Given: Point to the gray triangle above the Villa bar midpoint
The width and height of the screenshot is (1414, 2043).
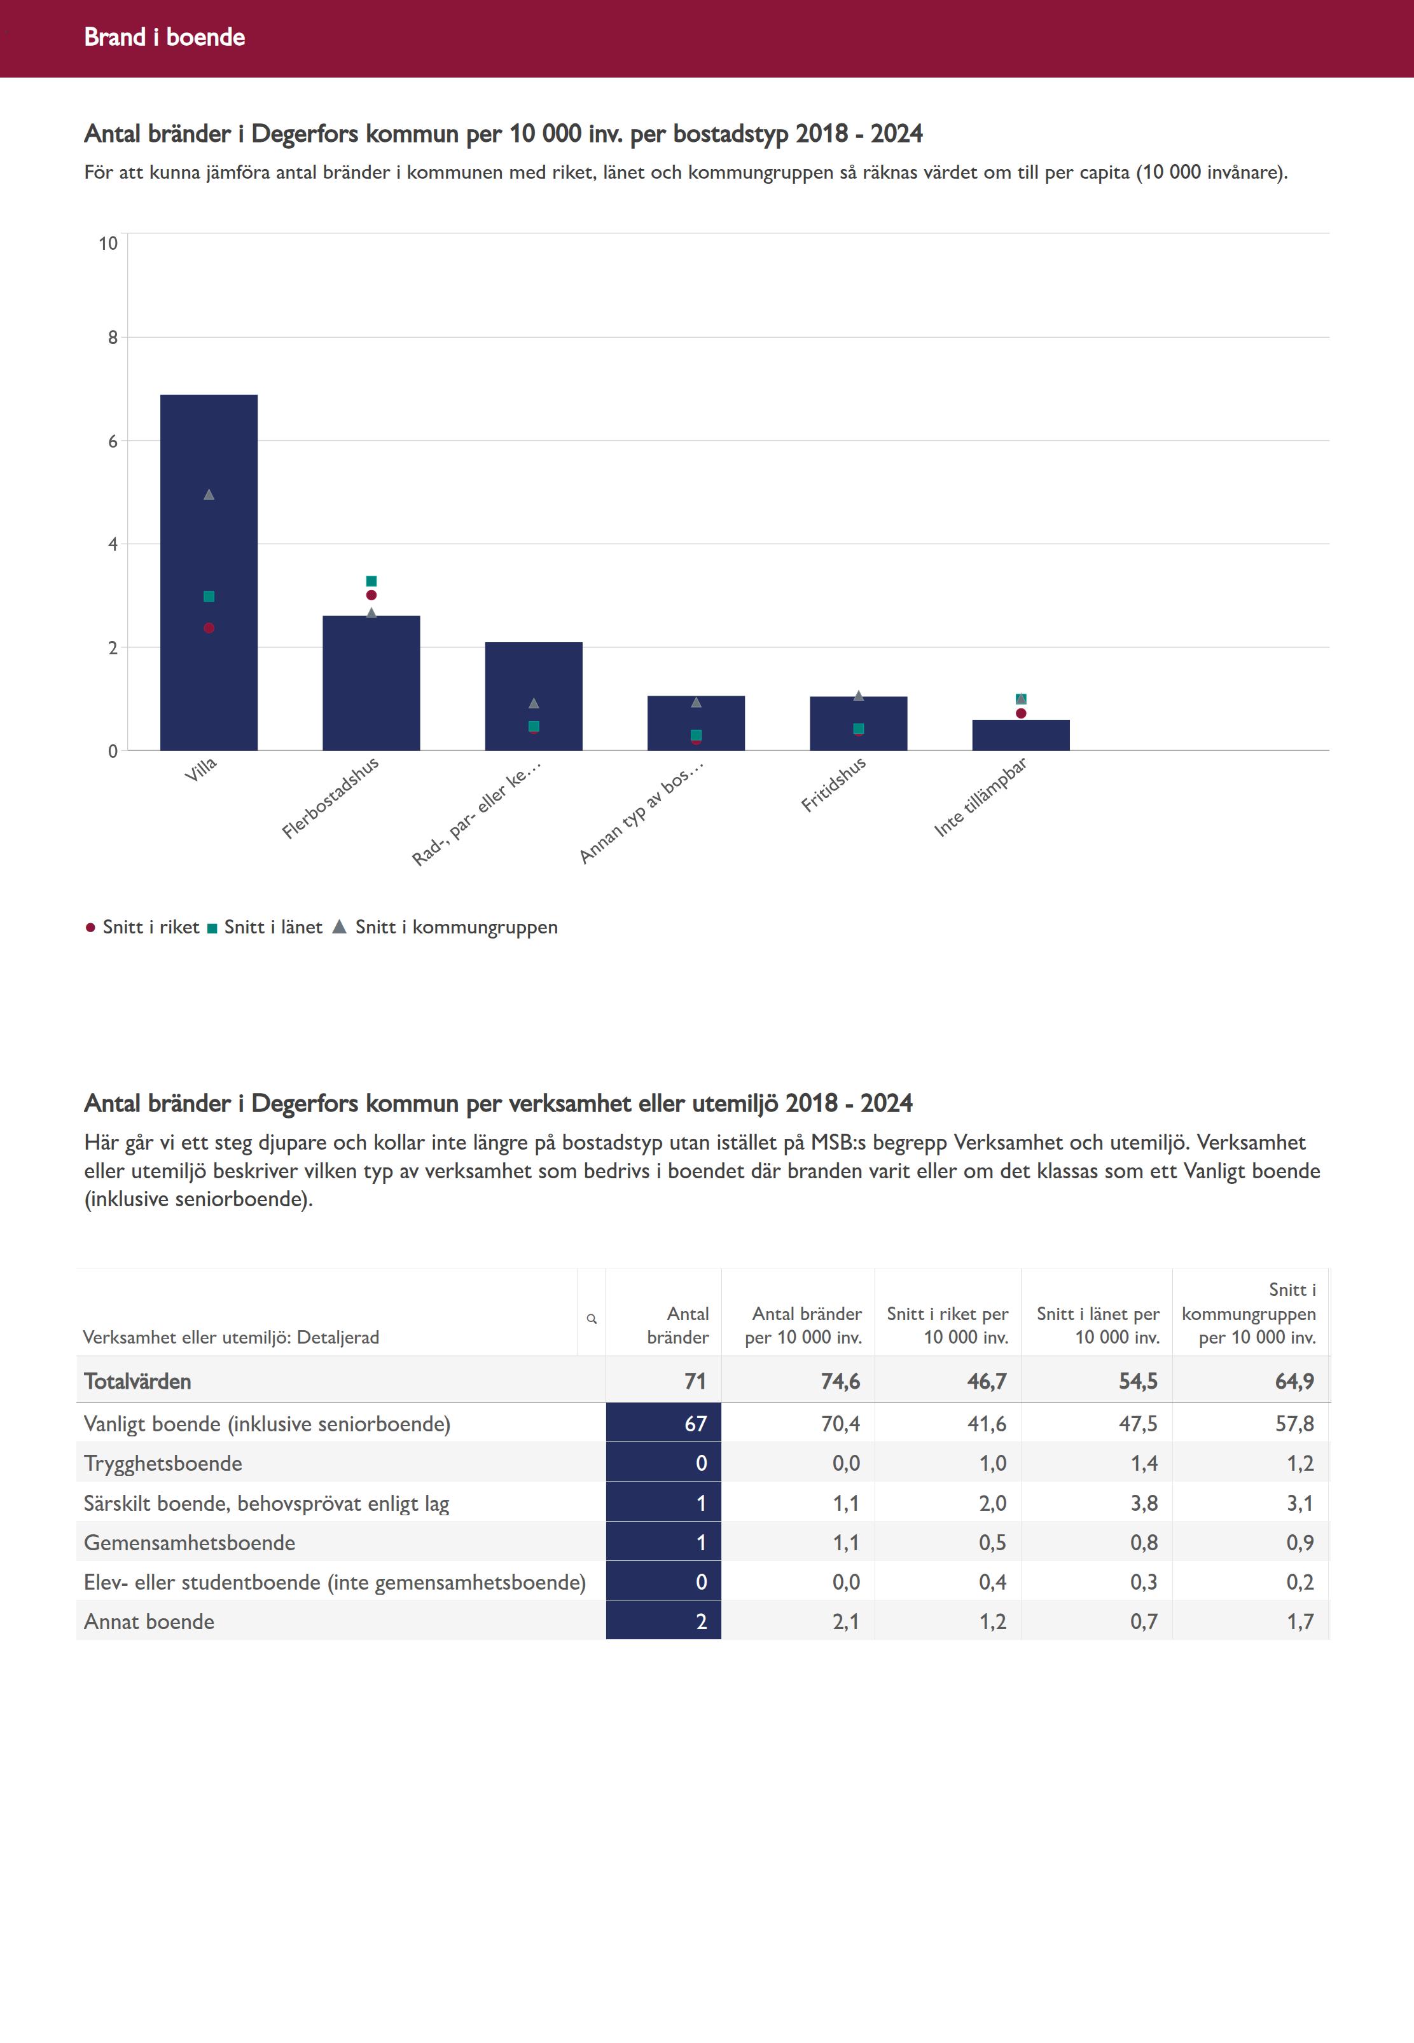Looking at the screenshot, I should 209,494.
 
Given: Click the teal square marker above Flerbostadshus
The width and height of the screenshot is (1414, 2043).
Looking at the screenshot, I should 371,581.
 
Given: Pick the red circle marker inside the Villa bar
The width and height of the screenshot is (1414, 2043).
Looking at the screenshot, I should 209,628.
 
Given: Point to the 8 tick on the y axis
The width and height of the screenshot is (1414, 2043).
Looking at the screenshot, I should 113,338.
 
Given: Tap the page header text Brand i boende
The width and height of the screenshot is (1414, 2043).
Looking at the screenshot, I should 165,37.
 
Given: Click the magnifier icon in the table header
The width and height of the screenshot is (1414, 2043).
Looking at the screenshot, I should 592,1319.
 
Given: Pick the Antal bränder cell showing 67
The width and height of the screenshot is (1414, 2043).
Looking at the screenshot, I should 663,1423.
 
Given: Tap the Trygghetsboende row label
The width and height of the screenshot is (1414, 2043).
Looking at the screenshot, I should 163,1463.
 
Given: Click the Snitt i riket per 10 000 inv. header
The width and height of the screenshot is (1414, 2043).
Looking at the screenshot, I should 947,1325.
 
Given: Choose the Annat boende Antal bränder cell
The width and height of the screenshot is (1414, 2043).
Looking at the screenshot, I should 663,1621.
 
